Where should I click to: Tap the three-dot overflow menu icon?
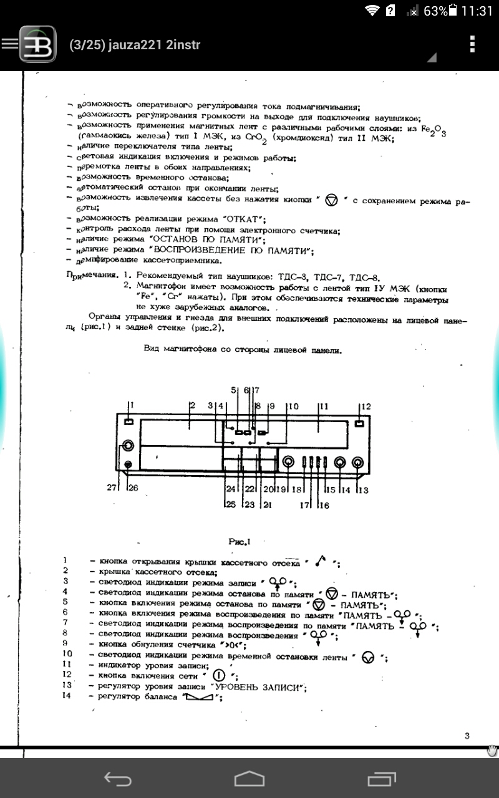(472, 44)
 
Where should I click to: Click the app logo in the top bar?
(37, 44)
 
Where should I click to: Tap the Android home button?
(249, 778)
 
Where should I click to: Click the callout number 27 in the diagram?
(112, 488)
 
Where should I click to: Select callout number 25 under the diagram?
(231, 504)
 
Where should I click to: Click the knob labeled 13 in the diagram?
(359, 463)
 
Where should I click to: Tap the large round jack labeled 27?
(127, 446)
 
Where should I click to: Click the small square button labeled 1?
(128, 423)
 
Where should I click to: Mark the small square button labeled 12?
(359, 423)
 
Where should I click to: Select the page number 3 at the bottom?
(467, 736)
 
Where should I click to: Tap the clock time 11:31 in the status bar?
(478, 11)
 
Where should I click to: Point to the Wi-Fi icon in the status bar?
(373, 11)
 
